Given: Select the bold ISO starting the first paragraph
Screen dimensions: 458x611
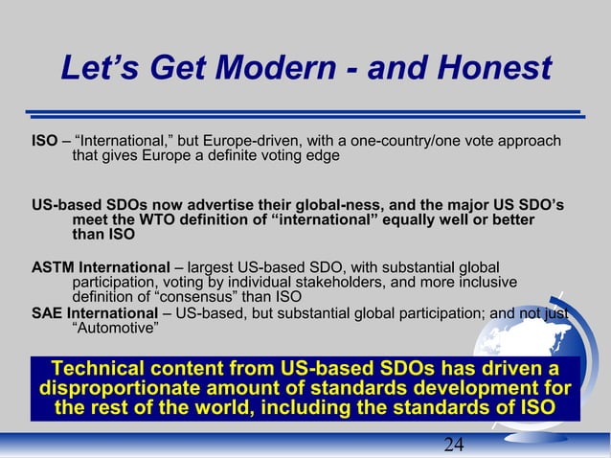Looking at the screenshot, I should [44, 142].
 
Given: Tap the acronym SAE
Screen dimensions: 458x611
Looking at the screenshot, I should [48, 314].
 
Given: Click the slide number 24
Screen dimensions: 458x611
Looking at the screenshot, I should [454, 444].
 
